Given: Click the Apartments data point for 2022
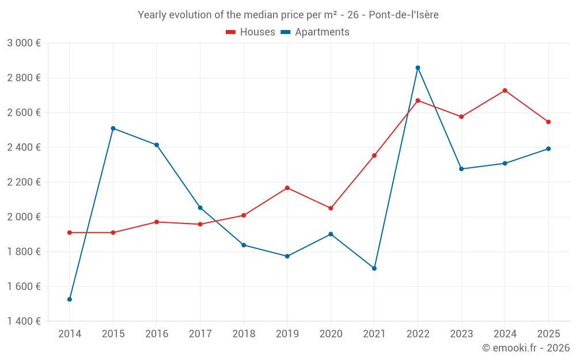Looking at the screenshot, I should (x=418, y=68).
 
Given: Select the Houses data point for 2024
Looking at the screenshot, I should (x=505, y=90).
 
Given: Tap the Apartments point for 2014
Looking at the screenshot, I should (x=70, y=300).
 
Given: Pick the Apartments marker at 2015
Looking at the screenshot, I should (x=113, y=128).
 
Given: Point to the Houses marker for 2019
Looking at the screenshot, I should (x=287, y=188).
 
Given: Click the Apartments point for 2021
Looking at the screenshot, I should (x=374, y=268).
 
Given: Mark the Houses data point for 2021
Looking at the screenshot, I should (x=374, y=156).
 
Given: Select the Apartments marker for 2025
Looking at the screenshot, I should (x=548, y=149).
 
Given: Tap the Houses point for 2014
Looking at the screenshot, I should (x=70, y=233).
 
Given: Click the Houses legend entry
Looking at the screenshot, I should (x=251, y=32).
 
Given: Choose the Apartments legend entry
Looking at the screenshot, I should (x=315, y=32).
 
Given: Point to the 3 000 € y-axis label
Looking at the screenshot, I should (x=24, y=43).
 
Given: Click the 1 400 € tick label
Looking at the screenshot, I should (x=24, y=321).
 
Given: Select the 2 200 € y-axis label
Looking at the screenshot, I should (x=24, y=182).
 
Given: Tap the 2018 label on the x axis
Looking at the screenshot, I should (x=244, y=334).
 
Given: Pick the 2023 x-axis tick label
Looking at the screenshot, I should (x=461, y=334).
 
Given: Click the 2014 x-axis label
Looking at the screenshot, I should (x=70, y=334).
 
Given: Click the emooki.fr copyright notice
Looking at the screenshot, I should (x=525, y=348).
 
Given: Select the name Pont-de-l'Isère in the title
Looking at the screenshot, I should (x=403, y=15).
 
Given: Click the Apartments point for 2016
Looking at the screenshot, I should (x=157, y=145).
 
